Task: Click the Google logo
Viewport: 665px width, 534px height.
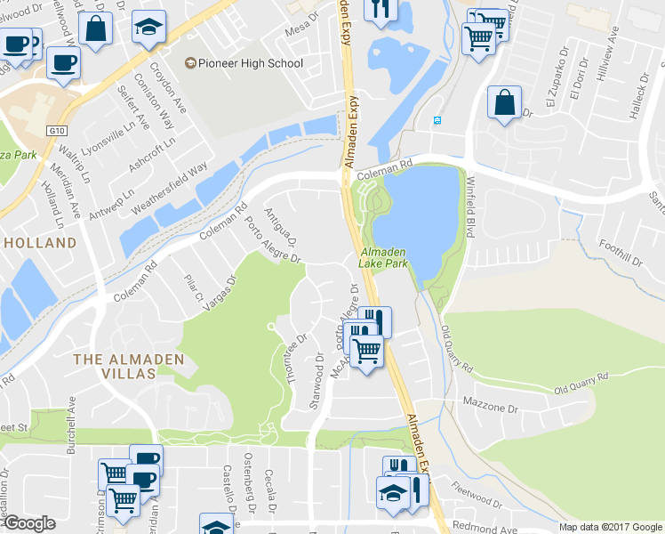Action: pos(29,522)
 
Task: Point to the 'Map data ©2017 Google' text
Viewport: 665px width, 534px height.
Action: pos(609,527)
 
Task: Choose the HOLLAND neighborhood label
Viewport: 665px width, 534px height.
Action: pos(41,242)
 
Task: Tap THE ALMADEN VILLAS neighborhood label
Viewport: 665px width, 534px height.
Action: pos(129,366)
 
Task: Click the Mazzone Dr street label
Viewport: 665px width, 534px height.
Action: pos(488,408)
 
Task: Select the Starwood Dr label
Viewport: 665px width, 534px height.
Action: pos(316,381)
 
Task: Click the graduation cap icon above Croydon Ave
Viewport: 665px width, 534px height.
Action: pos(148,28)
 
